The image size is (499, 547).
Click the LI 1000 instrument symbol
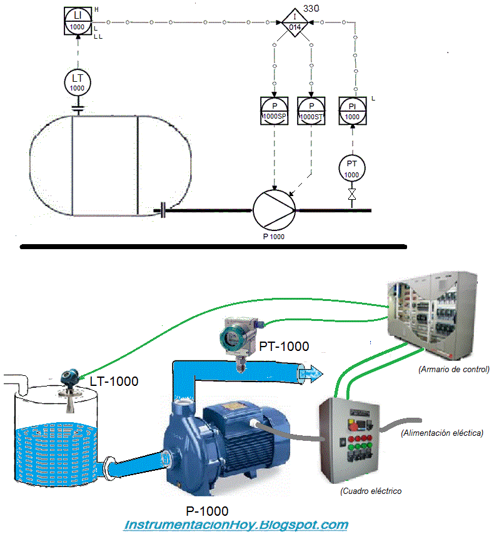(x=78, y=21)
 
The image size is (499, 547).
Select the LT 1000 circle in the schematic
(x=78, y=82)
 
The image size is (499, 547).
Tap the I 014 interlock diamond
(x=295, y=22)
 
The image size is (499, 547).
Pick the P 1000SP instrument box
(x=275, y=111)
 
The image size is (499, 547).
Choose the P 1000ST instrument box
(x=311, y=111)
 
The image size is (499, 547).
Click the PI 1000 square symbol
(x=353, y=111)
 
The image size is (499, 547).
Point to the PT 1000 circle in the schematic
(x=352, y=169)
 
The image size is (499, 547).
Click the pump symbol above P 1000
(x=275, y=210)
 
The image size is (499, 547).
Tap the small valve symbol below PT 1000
(x=352, y=195)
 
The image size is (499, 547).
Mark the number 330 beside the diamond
(x=311, y=8)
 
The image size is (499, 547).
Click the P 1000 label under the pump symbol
(x=274, y=237)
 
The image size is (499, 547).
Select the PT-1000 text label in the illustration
(x=284, y=347)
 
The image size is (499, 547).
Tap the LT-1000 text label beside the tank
(x=114, y=382)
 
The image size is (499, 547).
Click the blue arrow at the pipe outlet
(x=311, y=374)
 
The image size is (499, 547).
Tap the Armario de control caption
(x=454, y=369)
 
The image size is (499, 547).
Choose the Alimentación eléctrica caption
(x=442, y=433)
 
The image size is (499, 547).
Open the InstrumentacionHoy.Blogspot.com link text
(x=236, y=525)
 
